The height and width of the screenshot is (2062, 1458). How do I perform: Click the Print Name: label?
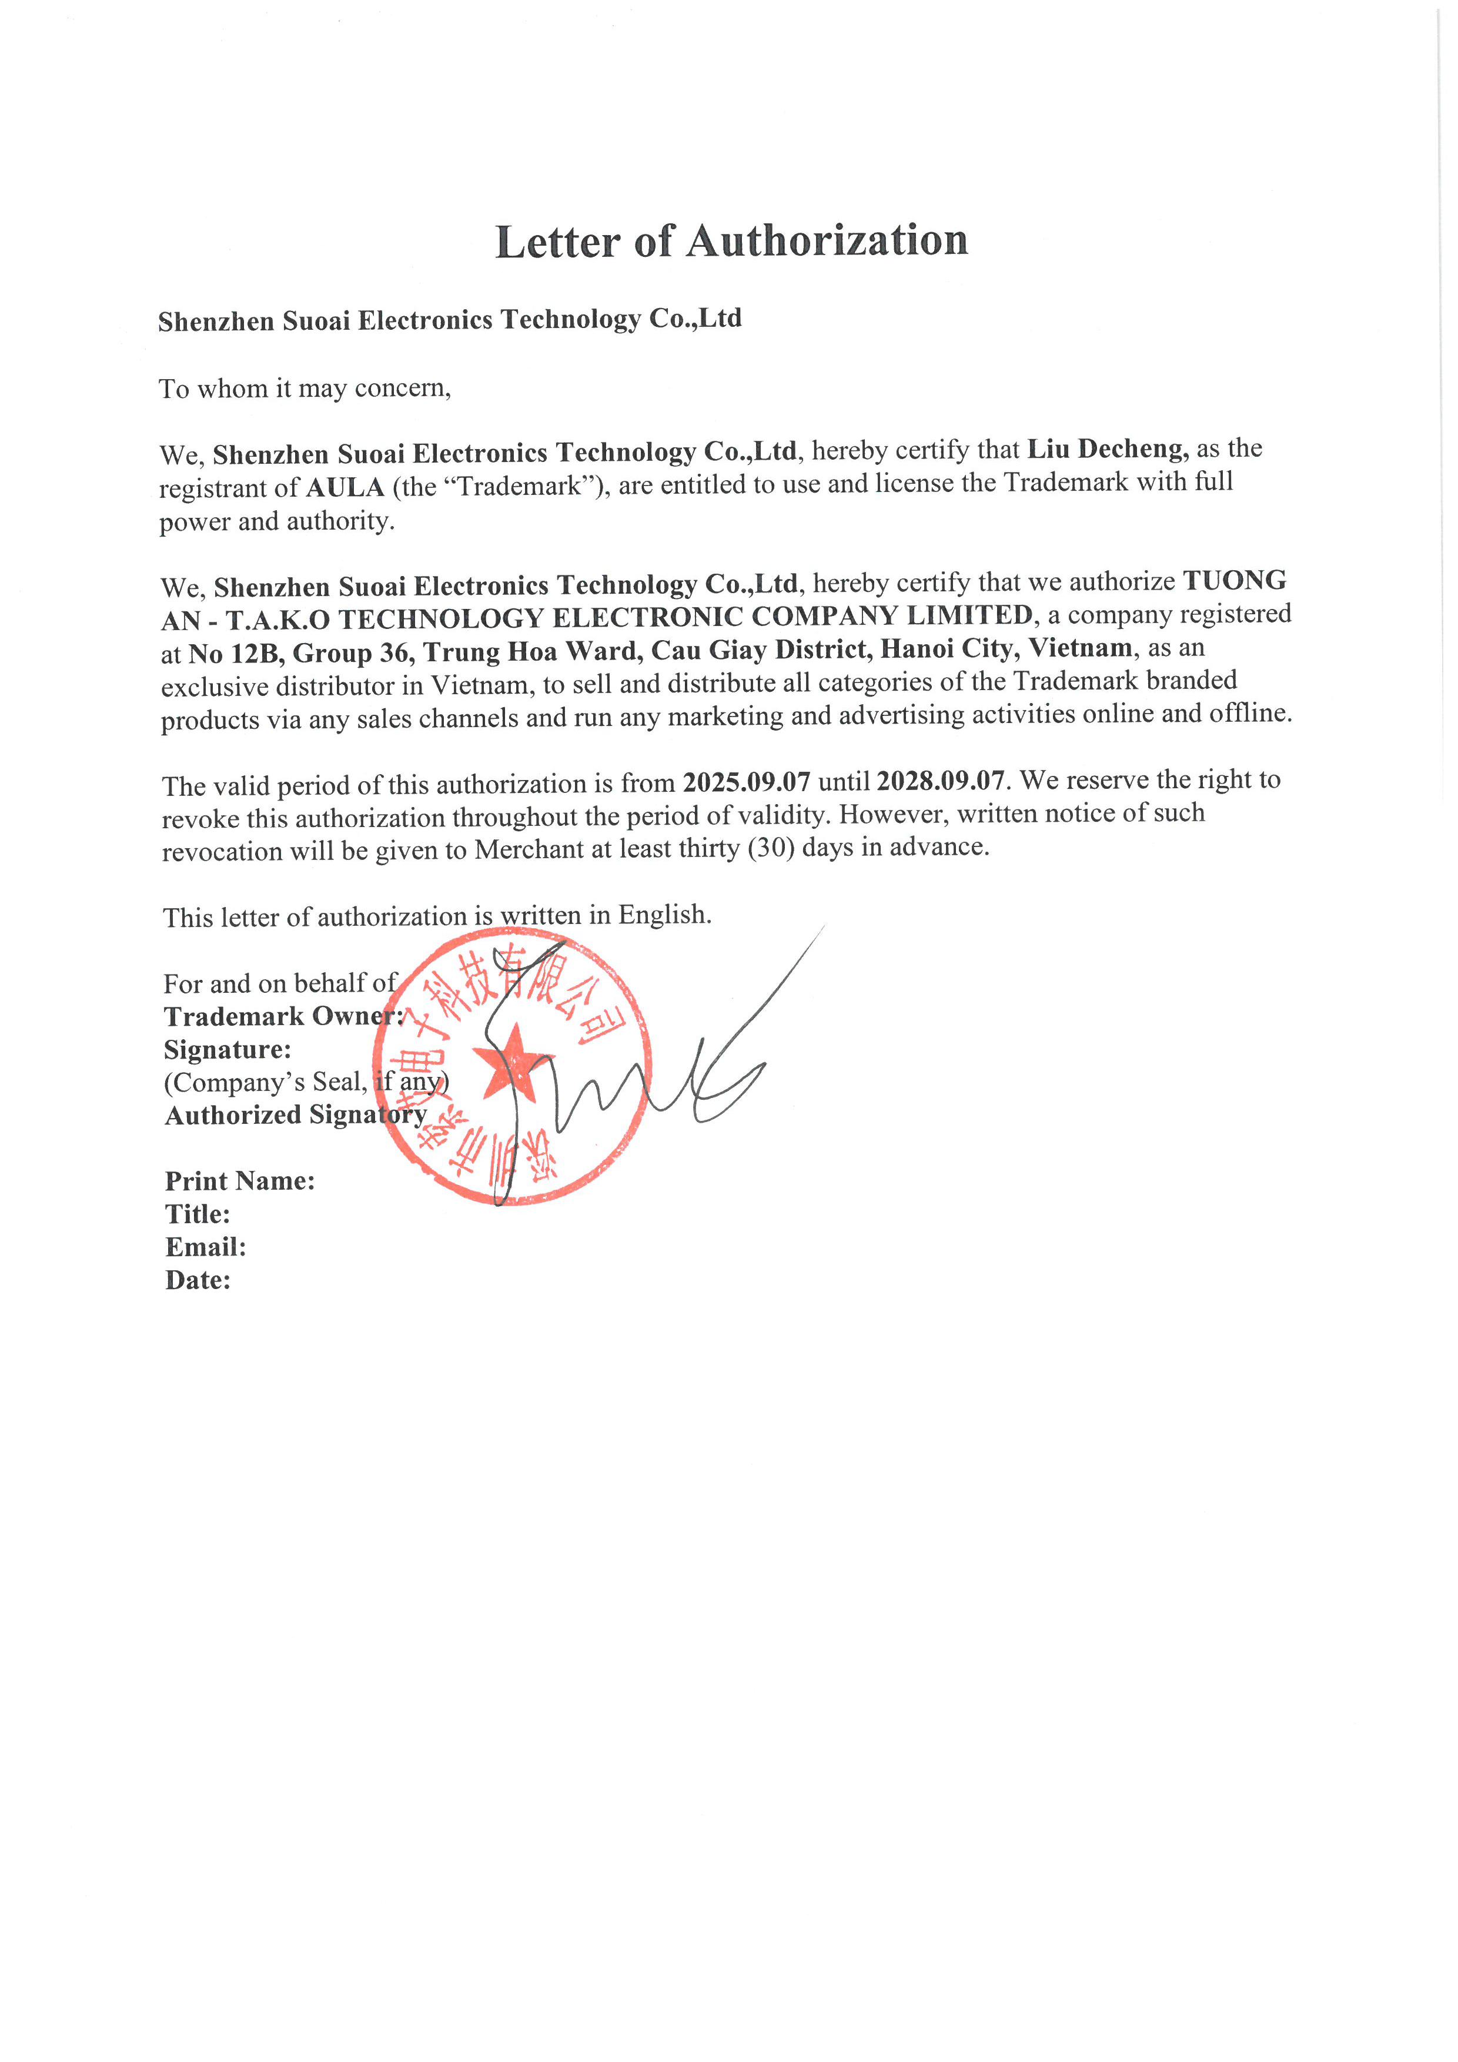coord(240,1180)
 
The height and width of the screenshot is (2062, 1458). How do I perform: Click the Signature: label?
coord(228,1049)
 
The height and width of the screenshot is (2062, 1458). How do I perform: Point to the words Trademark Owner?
coord(283,1016)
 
